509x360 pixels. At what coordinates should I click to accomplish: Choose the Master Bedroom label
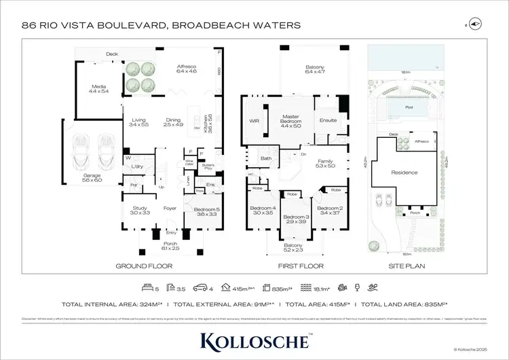[x=290, y=120]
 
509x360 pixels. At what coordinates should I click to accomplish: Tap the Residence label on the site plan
[x=404, y=173]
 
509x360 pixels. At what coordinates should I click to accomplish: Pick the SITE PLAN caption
[x=405, y=266]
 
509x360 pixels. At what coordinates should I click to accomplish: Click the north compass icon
[x=475, y=24]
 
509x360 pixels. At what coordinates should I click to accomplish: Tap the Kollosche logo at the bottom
[x=254, y=339]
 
